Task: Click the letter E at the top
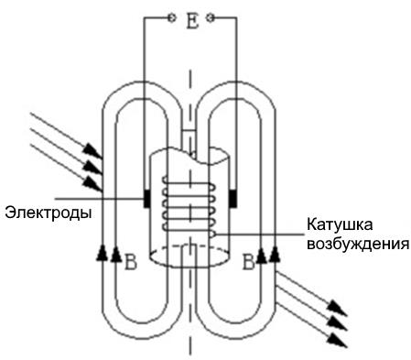(x=192, y=21)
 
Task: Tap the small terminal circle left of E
(x=172, y=18)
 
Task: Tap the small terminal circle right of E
(x=210, y=18)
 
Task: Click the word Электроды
(x=49, y=213)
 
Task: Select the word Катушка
(x=340, y=224)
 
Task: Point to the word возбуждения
(x=358, y=245)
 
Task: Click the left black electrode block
(x=147, y=199)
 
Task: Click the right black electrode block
(x=233, y=199)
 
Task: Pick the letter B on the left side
(x=131, y=262)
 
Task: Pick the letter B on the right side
(x=248, y=262)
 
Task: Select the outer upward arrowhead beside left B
(x=102, y=253)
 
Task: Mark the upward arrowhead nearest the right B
(x=261, y=256)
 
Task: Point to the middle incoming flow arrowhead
(x=92, y=167)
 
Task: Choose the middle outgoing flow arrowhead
(x=338, y=323)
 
